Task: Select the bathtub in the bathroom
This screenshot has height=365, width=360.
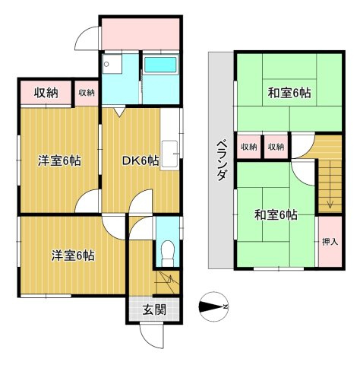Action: (159, 65)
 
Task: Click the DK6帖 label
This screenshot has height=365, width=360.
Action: (141, 160)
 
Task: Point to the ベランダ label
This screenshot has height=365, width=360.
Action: (221, 160)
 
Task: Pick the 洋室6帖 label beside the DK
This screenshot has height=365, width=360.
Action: (60, 160)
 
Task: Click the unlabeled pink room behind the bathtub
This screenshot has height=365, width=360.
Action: (141, 33)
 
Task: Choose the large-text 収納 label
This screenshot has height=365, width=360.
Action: (46, 93)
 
